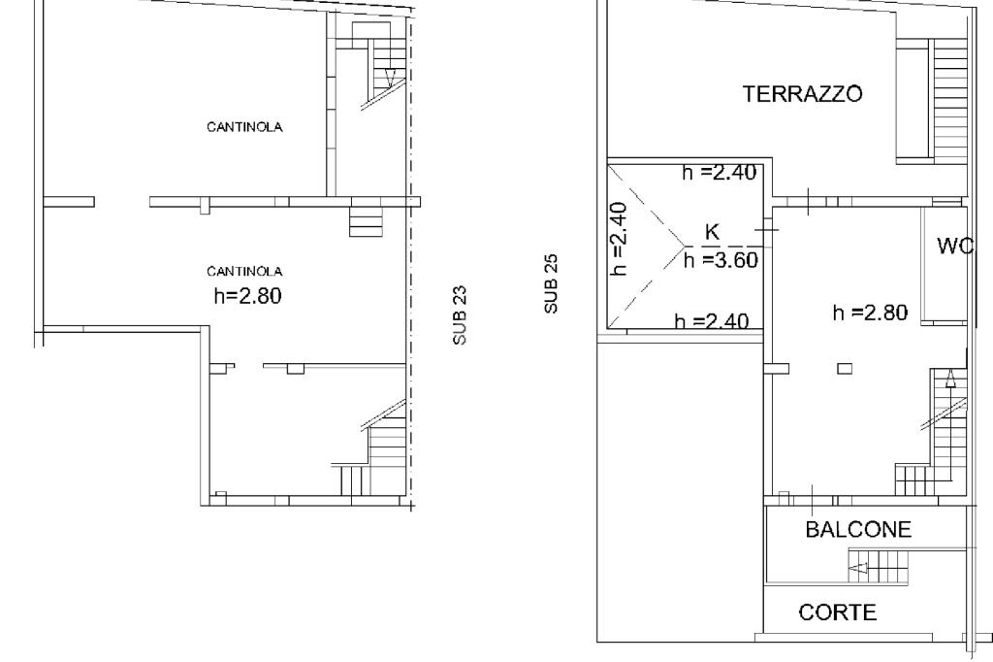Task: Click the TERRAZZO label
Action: click(x=802, y=94)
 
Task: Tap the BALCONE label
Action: click(x=858, y=529)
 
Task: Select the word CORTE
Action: click(x=838, y=612)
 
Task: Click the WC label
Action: click(x=955, y=246)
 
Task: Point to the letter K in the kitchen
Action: click(x=712, y=232)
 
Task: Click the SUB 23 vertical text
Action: click(x=461, y=315)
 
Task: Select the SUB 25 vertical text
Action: click(x=551, y=283)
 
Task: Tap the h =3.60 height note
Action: click(x=721, y=260)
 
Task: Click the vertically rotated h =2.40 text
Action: click(x=620, y=239)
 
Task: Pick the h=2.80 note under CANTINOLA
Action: click(x=247, y=295)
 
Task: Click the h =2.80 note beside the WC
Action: click(x=870, y=313)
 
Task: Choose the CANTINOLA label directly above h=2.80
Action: click(x=244, y=272)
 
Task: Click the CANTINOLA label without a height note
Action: click(x=244, y=127)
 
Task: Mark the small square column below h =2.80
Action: click(x=845, y=369)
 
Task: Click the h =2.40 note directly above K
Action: click(x=719, y=173)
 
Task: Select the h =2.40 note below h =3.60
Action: click(x=711, y=321)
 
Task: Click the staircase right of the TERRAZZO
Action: click(x=949, y=102)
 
